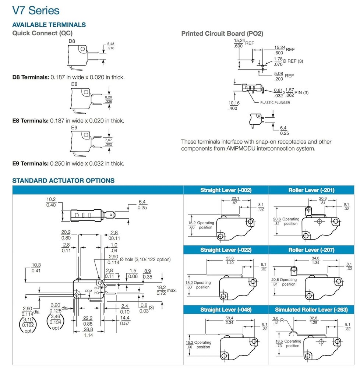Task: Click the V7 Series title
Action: click(36, 11)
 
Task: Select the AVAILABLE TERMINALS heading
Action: click(49, 25)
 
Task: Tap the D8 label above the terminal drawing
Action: click(72, 41)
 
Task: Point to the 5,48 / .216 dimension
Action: click(111, 46)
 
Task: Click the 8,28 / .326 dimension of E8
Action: click(109, 99)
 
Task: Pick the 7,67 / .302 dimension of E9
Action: click(109, 142)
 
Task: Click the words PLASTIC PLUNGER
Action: click(275, 103)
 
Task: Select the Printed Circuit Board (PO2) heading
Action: click(222, 33)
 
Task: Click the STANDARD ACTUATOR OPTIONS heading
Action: click(63, 180)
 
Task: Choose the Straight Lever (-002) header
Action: click(226, 190)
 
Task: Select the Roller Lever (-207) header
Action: click(311, 250)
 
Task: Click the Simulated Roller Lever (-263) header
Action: click(311, 310)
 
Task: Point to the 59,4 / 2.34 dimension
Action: click(229, 320)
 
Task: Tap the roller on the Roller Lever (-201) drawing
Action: click(308, 209)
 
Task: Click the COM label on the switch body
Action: click(88, 291)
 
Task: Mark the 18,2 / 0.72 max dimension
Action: click(166, 290)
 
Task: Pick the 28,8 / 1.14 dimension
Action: click(88, 332)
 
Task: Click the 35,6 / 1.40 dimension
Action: click(230, 261)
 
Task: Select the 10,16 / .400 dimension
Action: click(234, 106)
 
